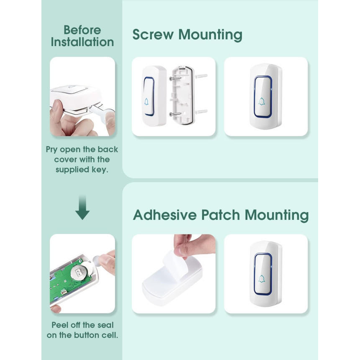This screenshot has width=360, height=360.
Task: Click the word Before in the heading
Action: click(x=82, y=30)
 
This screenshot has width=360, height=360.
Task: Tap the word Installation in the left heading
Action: click(x=82, y=42)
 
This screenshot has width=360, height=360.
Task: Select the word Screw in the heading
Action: click(x=153, y=35)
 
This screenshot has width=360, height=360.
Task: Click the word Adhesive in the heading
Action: click(x=165, y=215)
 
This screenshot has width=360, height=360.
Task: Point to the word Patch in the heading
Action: click(x=221, y=215)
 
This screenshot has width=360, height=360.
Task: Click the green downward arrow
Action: click(x=82, y=208)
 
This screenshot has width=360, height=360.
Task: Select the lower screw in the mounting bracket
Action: click(x=175, y=114)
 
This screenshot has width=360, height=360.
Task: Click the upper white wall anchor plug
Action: click(x=201, y=76)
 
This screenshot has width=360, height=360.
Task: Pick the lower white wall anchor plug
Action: click(x=201, y=112)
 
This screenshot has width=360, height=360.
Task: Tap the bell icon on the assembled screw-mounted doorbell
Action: click(x=262, y=101)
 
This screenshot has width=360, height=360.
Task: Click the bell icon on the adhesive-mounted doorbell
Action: click(x=262, y=279)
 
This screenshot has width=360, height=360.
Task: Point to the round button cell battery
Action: click(x=79, y=272)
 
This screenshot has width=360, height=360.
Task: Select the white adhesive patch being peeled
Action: click(x=175, y=264)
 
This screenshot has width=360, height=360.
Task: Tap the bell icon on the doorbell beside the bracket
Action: click(x=146, y=102)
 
